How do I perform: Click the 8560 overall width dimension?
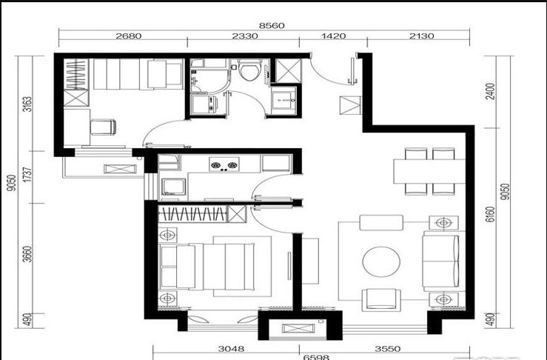pos(272,25)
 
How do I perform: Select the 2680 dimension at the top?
pos(129,36)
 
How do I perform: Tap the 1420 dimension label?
pos(334,36)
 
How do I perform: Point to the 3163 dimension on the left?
pos(27,104)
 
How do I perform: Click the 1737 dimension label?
pos(27,174)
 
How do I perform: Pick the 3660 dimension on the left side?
pos(27,254)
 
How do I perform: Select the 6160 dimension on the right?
pos(490,214)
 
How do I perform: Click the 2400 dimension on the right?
pos(490,91)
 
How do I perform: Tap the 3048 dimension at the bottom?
pos(231,348)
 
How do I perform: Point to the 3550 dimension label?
pos(388,348)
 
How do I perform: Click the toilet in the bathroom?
pos(249,70)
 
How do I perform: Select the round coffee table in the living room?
pos(381,262)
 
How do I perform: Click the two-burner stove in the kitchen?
pos(224,164)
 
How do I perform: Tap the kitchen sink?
pos(173,187)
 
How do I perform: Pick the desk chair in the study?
pos(104,127)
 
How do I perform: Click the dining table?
pos(429,171)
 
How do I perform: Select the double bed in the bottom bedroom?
pos(207,267)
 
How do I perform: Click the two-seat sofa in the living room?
pos(441,261)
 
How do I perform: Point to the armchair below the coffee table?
pos(381,299)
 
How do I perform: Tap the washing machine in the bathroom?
pos(204,104)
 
